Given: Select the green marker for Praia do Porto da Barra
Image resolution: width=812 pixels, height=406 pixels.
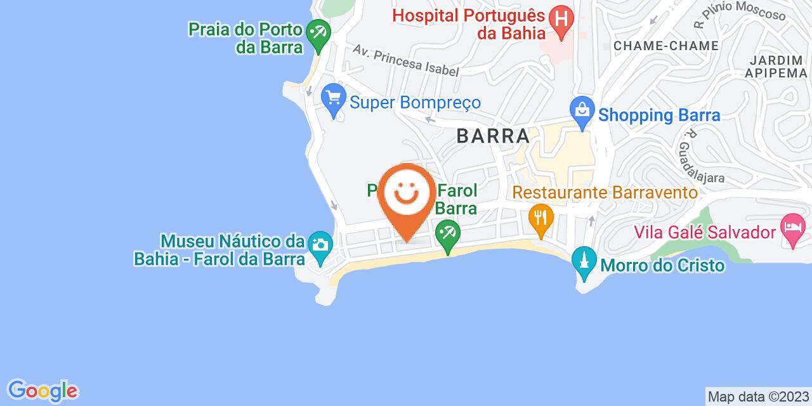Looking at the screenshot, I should (x=316, y=30).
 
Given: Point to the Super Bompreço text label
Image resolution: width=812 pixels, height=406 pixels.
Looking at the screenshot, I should (x=416, y=102).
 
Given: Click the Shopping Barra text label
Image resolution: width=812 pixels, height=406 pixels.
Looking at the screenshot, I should (x=660, y=115).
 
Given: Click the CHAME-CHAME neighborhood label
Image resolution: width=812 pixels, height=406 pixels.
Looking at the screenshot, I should (x=666, y=46).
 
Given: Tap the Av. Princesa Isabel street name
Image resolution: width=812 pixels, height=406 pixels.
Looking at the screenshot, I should (x=406, y=61).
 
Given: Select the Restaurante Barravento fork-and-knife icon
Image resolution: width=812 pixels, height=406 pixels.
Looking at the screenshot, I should (x=540, y=219).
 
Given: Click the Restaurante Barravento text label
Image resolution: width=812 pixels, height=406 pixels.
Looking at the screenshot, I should (x=605, y=192).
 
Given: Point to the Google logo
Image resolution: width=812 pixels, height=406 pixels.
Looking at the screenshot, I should (x=42, y=390).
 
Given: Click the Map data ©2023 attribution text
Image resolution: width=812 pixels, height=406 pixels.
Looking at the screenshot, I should (x=758, y=397).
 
